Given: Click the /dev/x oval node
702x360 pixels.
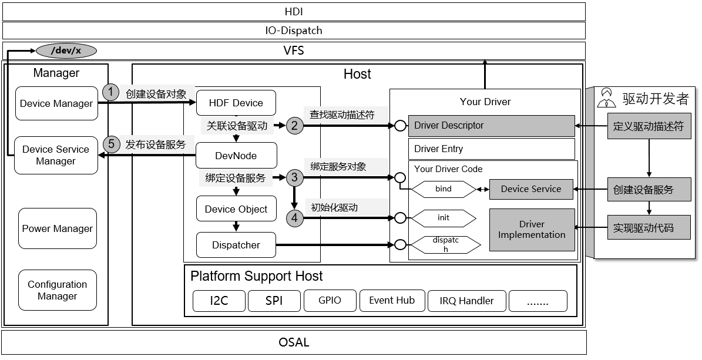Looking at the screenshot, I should point(66,51).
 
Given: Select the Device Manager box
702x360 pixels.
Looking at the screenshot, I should point(56,103).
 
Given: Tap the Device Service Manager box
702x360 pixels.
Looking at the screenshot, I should point(56,155).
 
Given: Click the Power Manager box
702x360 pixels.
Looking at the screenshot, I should point(57,228).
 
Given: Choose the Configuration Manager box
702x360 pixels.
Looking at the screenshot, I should point(57,290).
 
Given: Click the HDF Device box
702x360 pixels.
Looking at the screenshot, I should point(236,103).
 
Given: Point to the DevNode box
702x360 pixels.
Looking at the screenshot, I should point(236,156).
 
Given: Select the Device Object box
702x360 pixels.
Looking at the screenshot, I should point(236,209).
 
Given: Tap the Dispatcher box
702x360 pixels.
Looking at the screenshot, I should point(236,245).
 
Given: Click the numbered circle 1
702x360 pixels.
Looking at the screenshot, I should point(110,92).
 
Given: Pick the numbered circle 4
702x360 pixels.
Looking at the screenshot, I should point(295,218).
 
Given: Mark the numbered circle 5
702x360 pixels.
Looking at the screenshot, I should point(110,144).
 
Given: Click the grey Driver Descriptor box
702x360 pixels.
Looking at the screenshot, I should point(491,126).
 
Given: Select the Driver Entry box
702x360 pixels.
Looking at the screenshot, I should point(491,149).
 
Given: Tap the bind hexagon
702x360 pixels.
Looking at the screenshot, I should point(444,189).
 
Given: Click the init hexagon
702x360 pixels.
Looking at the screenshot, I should point(444,218).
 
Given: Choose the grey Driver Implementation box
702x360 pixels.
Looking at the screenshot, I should point(532,230).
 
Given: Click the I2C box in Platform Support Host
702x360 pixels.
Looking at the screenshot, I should point(219,301).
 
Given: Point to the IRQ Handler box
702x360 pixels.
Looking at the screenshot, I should point(466,301).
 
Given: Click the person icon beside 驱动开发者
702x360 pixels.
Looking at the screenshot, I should point(607,98).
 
